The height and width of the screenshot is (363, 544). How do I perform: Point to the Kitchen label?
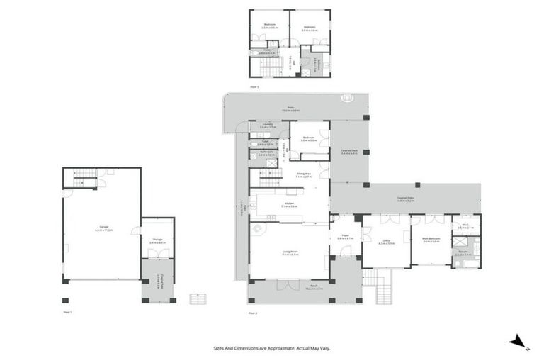pos(289,205)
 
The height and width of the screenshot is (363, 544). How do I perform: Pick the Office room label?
pos(387,241)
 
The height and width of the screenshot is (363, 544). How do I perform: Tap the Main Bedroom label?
pos(431,239)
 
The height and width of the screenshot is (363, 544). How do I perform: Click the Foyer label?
pos(345,237)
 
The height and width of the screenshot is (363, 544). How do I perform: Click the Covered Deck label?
pos(348,151)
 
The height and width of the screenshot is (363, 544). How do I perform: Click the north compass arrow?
pos(518,342)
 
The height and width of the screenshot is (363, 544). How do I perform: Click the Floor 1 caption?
pos(67,311)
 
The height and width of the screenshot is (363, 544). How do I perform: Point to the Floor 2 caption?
pos(252,311)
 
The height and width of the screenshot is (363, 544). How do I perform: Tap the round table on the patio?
pos(346,98)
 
